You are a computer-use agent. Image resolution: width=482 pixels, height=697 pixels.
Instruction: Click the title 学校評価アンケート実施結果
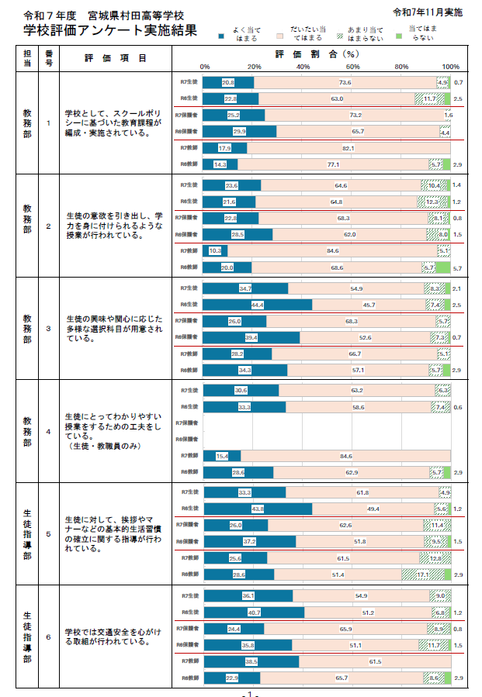109,30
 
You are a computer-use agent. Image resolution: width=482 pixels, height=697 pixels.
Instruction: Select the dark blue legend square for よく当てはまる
222,36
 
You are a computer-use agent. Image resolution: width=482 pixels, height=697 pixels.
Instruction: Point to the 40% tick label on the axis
303,67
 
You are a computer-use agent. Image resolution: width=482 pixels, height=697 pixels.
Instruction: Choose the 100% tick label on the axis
451,67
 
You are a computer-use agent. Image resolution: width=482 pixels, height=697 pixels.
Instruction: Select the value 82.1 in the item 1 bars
348,148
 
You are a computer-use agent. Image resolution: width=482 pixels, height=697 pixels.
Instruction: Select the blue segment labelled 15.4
221,456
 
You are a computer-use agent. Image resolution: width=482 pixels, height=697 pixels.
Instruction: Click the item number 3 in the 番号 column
49,329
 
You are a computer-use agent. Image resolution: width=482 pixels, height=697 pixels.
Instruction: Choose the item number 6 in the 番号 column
49,637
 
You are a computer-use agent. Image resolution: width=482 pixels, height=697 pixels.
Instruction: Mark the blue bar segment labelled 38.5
250,662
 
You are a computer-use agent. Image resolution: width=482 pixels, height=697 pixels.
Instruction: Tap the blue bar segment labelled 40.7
252,612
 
